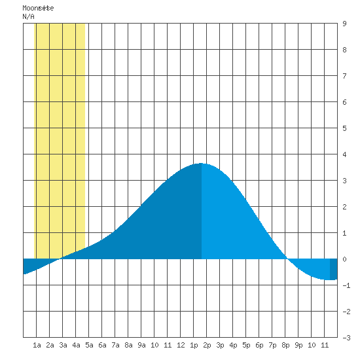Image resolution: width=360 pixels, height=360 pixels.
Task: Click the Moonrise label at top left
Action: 38,8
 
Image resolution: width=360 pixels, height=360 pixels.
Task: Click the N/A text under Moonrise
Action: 28,16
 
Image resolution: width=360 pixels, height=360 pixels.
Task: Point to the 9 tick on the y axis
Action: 344,24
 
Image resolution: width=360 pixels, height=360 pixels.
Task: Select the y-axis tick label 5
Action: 344,128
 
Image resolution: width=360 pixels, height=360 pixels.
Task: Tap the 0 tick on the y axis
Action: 344,259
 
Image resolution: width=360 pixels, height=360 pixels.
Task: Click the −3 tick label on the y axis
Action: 346,338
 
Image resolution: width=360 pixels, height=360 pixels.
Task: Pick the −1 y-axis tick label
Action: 346,285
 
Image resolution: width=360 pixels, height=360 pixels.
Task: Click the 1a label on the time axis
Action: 37,345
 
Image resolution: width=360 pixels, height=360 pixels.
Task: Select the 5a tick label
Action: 89,345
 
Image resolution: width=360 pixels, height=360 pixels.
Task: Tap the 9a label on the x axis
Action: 141,345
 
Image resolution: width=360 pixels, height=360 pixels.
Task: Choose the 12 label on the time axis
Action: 181,345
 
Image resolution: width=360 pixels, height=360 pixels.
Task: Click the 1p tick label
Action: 194,345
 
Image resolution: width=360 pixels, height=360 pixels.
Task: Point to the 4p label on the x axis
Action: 233,345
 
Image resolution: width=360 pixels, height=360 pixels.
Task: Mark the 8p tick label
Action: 285,345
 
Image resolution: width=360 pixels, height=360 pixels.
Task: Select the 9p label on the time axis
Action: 298,345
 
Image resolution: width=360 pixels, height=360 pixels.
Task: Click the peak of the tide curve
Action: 201,163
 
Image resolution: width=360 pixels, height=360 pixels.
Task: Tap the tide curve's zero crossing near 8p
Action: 287,259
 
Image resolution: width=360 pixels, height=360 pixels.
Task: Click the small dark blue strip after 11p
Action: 334,269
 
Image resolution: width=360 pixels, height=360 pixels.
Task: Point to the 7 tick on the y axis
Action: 344,76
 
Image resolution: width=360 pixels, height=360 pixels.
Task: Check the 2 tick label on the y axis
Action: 344,207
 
